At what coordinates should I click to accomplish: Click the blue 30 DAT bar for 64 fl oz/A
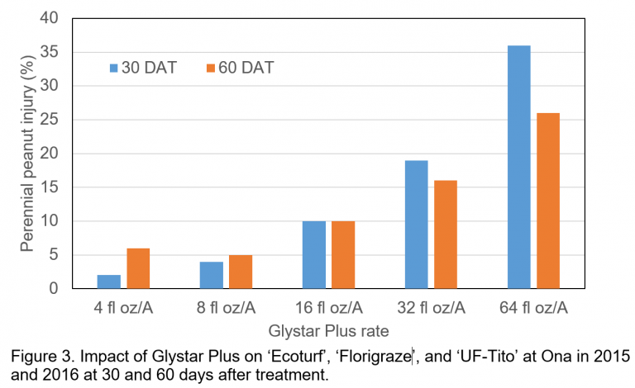coord(518,167)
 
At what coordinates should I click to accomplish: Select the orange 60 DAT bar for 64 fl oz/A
coord(547,201)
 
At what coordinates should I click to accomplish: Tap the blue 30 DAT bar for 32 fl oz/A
coord(416,225)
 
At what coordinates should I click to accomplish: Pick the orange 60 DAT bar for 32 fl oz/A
coord(445,234)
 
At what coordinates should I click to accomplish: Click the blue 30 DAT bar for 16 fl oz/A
coord(313,255)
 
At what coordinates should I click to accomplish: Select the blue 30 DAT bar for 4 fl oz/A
coord(108,282)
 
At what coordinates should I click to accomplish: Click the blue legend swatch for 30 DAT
coord(114,68)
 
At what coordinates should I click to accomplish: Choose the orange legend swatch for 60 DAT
coord(210,68)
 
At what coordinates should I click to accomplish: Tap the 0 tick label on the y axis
coord(54,289)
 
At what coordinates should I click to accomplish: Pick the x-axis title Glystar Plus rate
coord(328,331)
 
